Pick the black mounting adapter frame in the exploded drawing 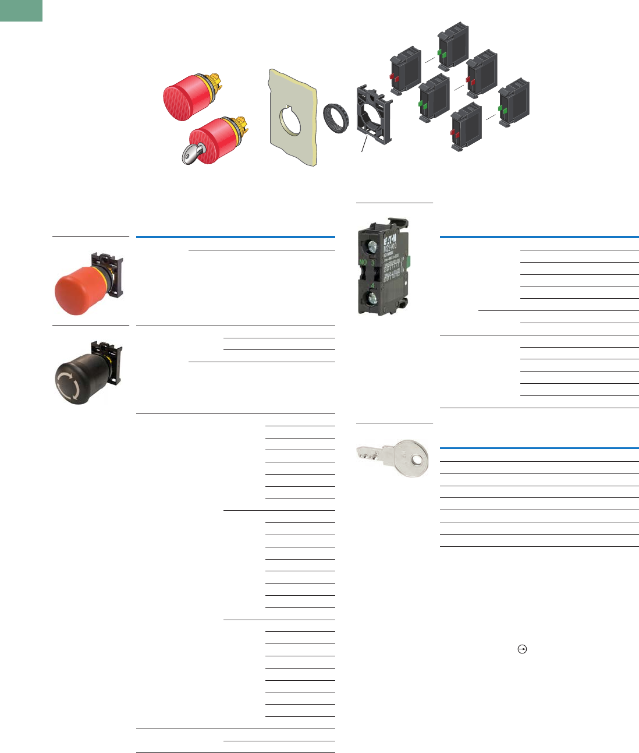374,115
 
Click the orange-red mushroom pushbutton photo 79,288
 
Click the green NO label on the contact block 363,262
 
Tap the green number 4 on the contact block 372,285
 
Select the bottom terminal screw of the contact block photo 369,301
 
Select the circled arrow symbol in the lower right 522,649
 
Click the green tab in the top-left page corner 21,10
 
